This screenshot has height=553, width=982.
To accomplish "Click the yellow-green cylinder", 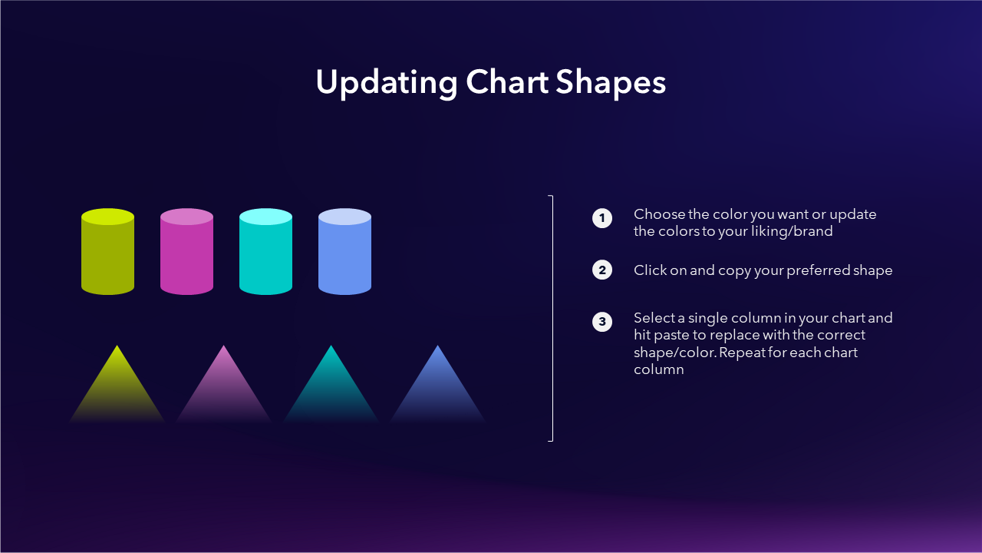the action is (108, 251).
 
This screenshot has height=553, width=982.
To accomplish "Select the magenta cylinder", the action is (186, 251).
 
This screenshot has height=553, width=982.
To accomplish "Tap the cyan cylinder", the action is (265, 251).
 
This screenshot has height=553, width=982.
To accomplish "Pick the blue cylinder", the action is (344, 251).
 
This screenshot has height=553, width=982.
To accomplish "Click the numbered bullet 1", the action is (602, 218).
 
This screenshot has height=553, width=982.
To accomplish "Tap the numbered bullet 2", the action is (602, 270).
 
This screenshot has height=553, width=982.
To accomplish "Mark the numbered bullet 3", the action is (602, 322).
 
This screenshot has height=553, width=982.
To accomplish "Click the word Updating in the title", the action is (387, 83).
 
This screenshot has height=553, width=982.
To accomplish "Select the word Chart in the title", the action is (507, 81).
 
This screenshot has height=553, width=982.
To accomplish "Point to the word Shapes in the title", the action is (611, 83).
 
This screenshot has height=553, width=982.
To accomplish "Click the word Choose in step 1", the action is (659, 214).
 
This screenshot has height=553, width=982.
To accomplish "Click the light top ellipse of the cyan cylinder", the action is (265, 217).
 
